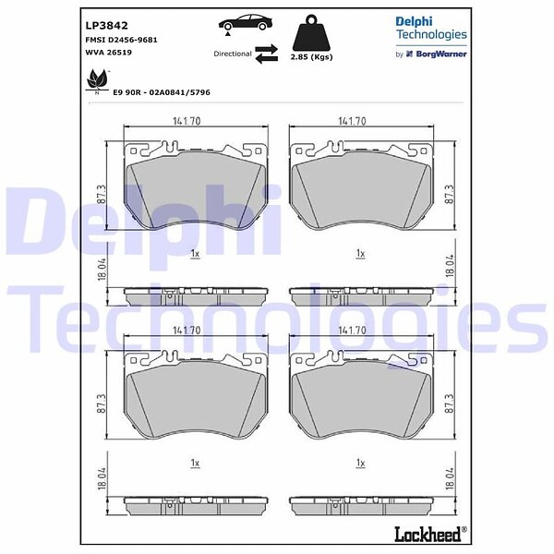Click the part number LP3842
click(107, 26)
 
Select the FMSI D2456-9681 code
click(121, 40)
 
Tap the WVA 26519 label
click(108, 53)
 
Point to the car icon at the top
click(246, 23)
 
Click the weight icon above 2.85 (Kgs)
click(311, 32)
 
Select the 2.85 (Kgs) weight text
click(311, 57)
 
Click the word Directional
click(233, 54)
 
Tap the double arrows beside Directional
click(267, 54)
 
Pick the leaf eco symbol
click(97, 79)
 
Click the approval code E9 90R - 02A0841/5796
click(162, 92)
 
